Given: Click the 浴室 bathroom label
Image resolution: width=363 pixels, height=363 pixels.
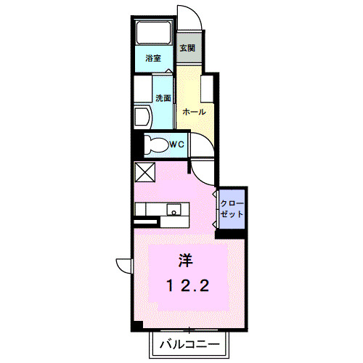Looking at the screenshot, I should [x=152, y=57].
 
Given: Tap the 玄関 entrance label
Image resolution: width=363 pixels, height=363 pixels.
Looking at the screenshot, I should [x=187, y=47].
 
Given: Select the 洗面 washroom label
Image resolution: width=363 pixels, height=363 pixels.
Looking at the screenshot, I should [x=162, y=97].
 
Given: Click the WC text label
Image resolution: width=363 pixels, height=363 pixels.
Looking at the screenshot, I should [x=176, y=144].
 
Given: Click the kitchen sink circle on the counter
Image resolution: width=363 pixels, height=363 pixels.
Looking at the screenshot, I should [x=174, y=211].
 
